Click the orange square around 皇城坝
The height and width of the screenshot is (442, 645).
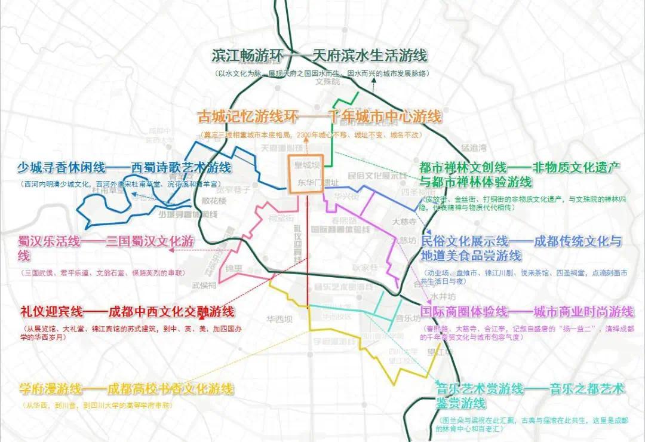(306, 174)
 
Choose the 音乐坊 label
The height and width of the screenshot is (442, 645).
(406, 318)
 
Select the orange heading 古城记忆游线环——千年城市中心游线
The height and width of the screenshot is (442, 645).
(320, 116)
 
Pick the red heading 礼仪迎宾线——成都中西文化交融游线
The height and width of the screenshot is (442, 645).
(127, 312)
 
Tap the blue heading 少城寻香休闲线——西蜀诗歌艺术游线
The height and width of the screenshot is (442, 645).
(124, 168)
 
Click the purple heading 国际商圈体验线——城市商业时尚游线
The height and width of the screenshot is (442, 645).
(526, 312)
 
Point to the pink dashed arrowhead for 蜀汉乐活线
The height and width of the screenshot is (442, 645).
(172, 251)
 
